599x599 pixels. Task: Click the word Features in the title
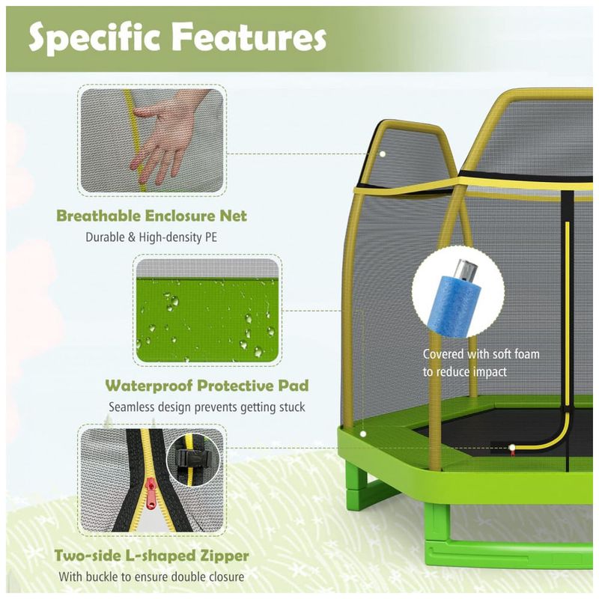coord(246,37)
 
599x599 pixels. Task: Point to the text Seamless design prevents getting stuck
coord(207,407)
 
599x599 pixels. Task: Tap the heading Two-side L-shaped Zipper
coord(152,556)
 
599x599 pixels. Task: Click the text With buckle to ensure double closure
coord(152,577)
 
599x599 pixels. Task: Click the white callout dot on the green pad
coord(362,433)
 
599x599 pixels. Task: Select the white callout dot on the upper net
coord(382,153)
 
